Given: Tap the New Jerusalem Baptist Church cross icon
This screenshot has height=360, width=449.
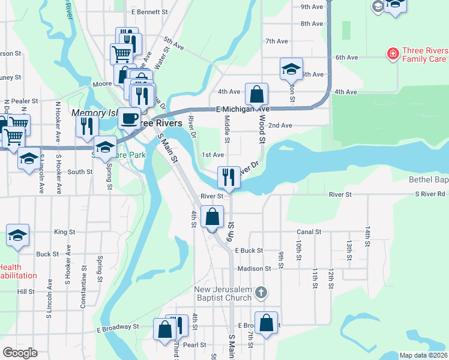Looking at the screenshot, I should (x=261, y=293).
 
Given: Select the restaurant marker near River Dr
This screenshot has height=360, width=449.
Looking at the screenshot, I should (x=228, y=176).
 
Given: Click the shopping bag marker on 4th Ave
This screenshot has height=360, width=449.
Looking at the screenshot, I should (x=256, y=94).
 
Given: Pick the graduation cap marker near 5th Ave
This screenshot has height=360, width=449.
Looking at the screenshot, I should (x=291, y=68).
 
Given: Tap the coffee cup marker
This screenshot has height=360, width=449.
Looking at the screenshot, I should (x=128, y=118).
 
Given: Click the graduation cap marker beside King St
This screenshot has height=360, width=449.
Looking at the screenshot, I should (x=18, y=235).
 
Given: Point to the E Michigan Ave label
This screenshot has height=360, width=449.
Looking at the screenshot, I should (x=243, y=109).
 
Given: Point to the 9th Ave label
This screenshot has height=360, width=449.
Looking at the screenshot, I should (x=312, y=7).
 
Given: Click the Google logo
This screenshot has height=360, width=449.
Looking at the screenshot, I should (x=20, y=353).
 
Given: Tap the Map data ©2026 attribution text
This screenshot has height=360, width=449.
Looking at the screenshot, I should (x=423, y=355).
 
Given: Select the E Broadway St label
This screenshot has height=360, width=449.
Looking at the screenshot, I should (x=118, y=327).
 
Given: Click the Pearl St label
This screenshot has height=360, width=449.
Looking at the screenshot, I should (x=194, y=345).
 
